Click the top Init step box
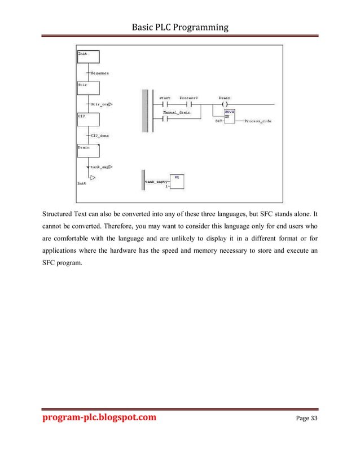pos(87,56)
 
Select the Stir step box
pos(87,87)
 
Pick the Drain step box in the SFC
pos(87,151)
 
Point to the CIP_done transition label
pos(100,135)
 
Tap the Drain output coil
pos(224,104)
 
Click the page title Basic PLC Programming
pos(180,27)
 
